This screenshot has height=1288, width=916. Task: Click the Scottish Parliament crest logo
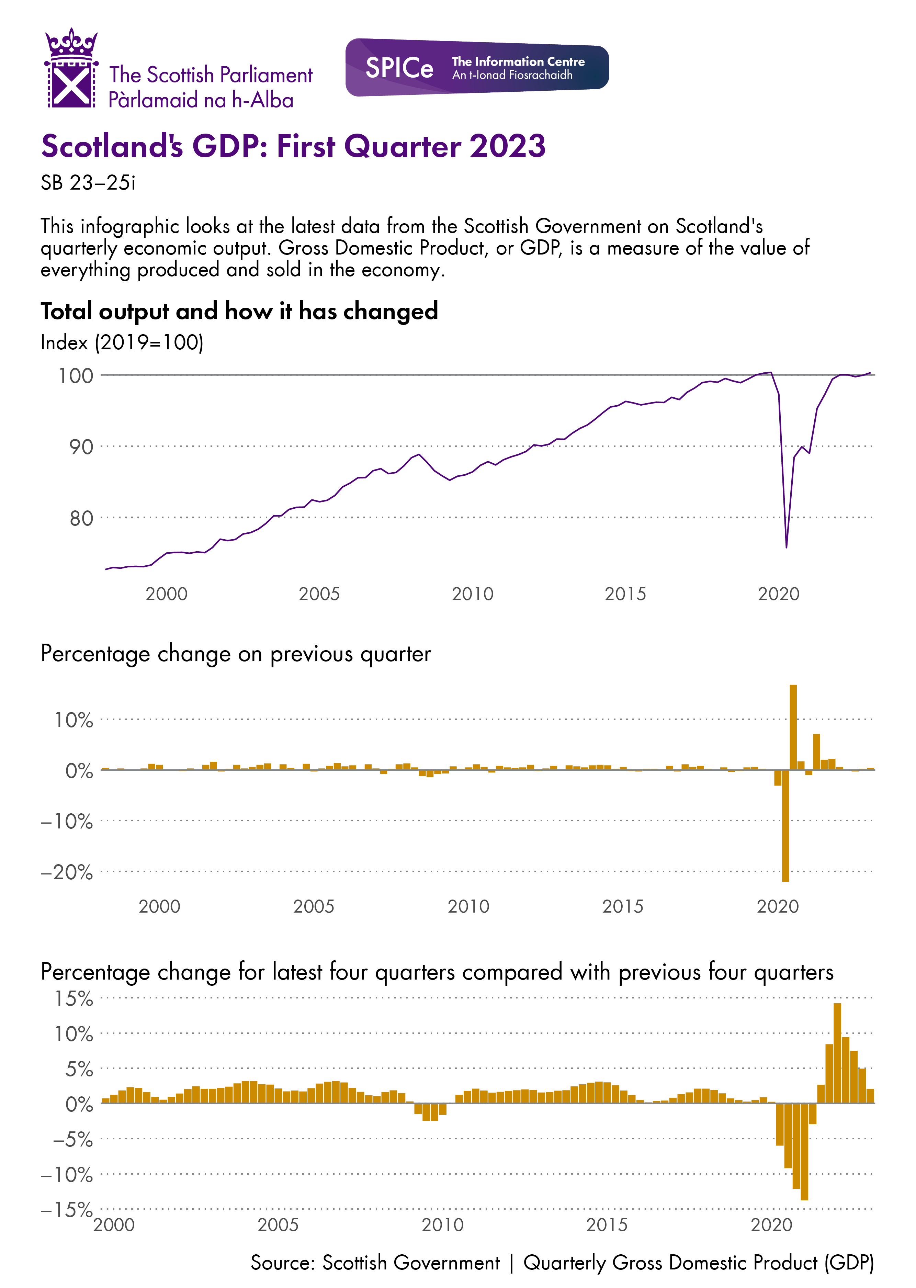[x=71, y=69]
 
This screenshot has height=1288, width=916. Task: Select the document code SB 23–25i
[x=88, y=183]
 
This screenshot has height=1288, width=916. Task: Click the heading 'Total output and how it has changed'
[x=239, y=311]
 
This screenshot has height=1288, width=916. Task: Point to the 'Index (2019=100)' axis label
[x=122, y=342]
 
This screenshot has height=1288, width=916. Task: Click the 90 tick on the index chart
[x=81, y=447]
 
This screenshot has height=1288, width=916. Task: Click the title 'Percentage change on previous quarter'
[x=236, y=654]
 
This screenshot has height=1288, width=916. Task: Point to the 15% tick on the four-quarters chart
[x=73, y=999]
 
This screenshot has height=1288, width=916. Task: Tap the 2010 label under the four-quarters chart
[x=442, y=1225]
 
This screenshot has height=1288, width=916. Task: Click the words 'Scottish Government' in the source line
[x=411, y=1263]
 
